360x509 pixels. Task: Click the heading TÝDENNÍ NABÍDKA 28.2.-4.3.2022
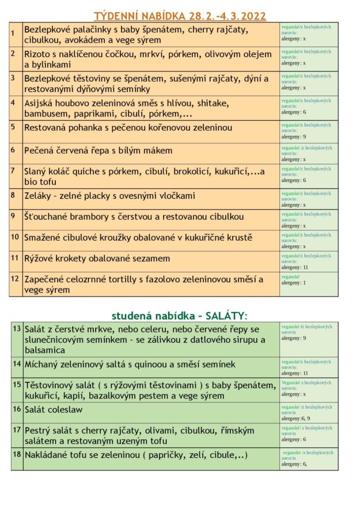180,16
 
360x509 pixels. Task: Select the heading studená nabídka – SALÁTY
179,315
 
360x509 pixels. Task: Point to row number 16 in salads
16,409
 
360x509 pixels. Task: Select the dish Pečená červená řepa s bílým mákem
98,151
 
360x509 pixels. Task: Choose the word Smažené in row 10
44,237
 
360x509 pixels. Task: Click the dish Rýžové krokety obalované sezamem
97,259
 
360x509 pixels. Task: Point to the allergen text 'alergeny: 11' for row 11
295,267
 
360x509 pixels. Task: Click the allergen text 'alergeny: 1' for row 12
294,283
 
